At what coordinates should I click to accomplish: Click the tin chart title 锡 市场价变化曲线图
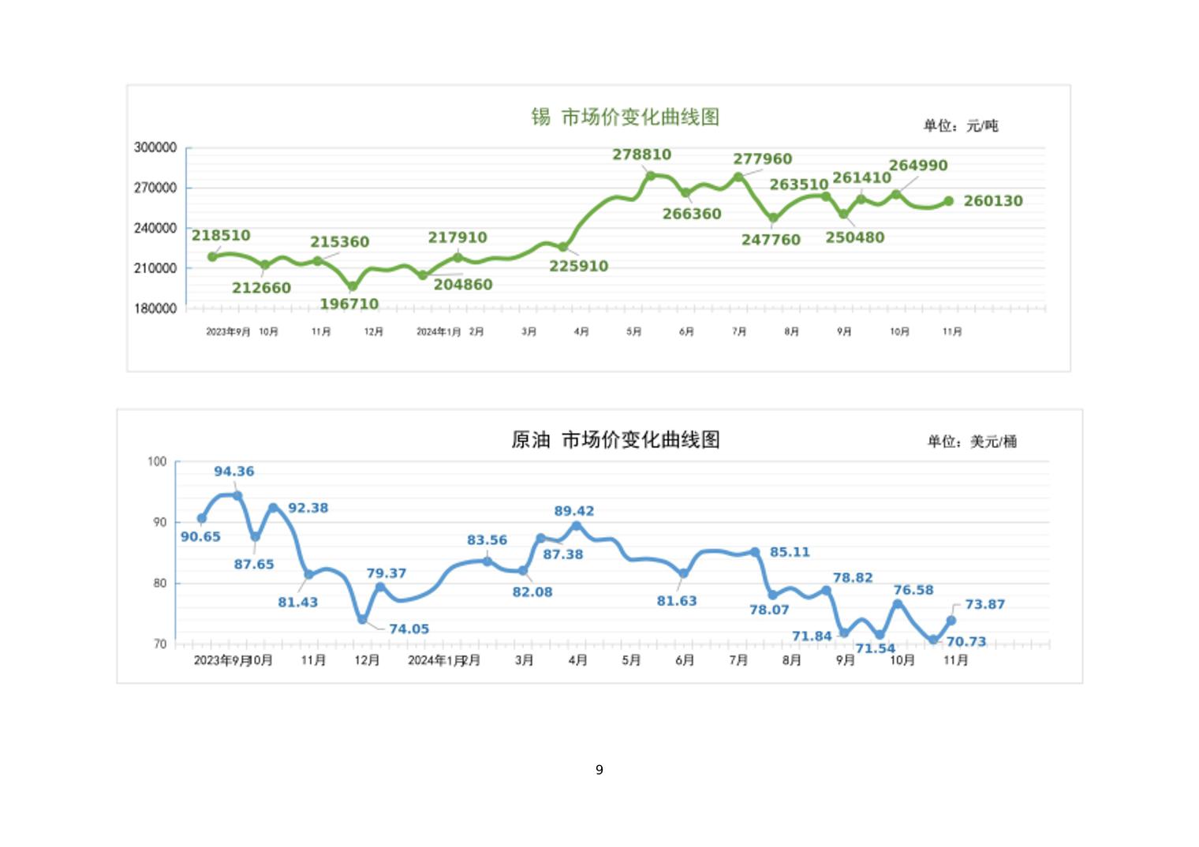coord(625,118)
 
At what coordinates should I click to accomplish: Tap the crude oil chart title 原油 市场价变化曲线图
coord(615,440)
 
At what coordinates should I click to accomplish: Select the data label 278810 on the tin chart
coord(642,155)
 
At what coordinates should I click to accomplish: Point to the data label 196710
coord(349,304)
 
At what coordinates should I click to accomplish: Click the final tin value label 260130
coord(993,201)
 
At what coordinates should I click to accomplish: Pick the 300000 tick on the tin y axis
coord(155,147)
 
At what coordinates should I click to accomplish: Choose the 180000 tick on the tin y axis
coord(155,308)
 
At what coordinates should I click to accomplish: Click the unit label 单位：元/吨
coord(961,125)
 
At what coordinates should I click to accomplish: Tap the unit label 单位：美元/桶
coord(972,442)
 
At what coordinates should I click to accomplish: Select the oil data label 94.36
coord(234,472)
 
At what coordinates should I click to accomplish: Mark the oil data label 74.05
coord(409,629)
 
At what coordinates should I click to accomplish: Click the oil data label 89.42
coord(574,511)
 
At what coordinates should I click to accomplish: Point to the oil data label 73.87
coord(984,605)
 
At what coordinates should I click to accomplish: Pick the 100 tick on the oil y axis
coord(157,461)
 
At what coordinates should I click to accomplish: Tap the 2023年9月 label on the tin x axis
coord(228,332)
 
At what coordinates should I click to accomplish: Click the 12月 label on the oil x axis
coord(367,660)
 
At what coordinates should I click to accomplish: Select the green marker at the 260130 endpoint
coord(949,201)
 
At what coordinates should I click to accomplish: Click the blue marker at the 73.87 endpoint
coord(951,621)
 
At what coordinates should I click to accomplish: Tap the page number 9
coord(599,770)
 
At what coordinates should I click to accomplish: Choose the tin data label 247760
coord(771,240)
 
